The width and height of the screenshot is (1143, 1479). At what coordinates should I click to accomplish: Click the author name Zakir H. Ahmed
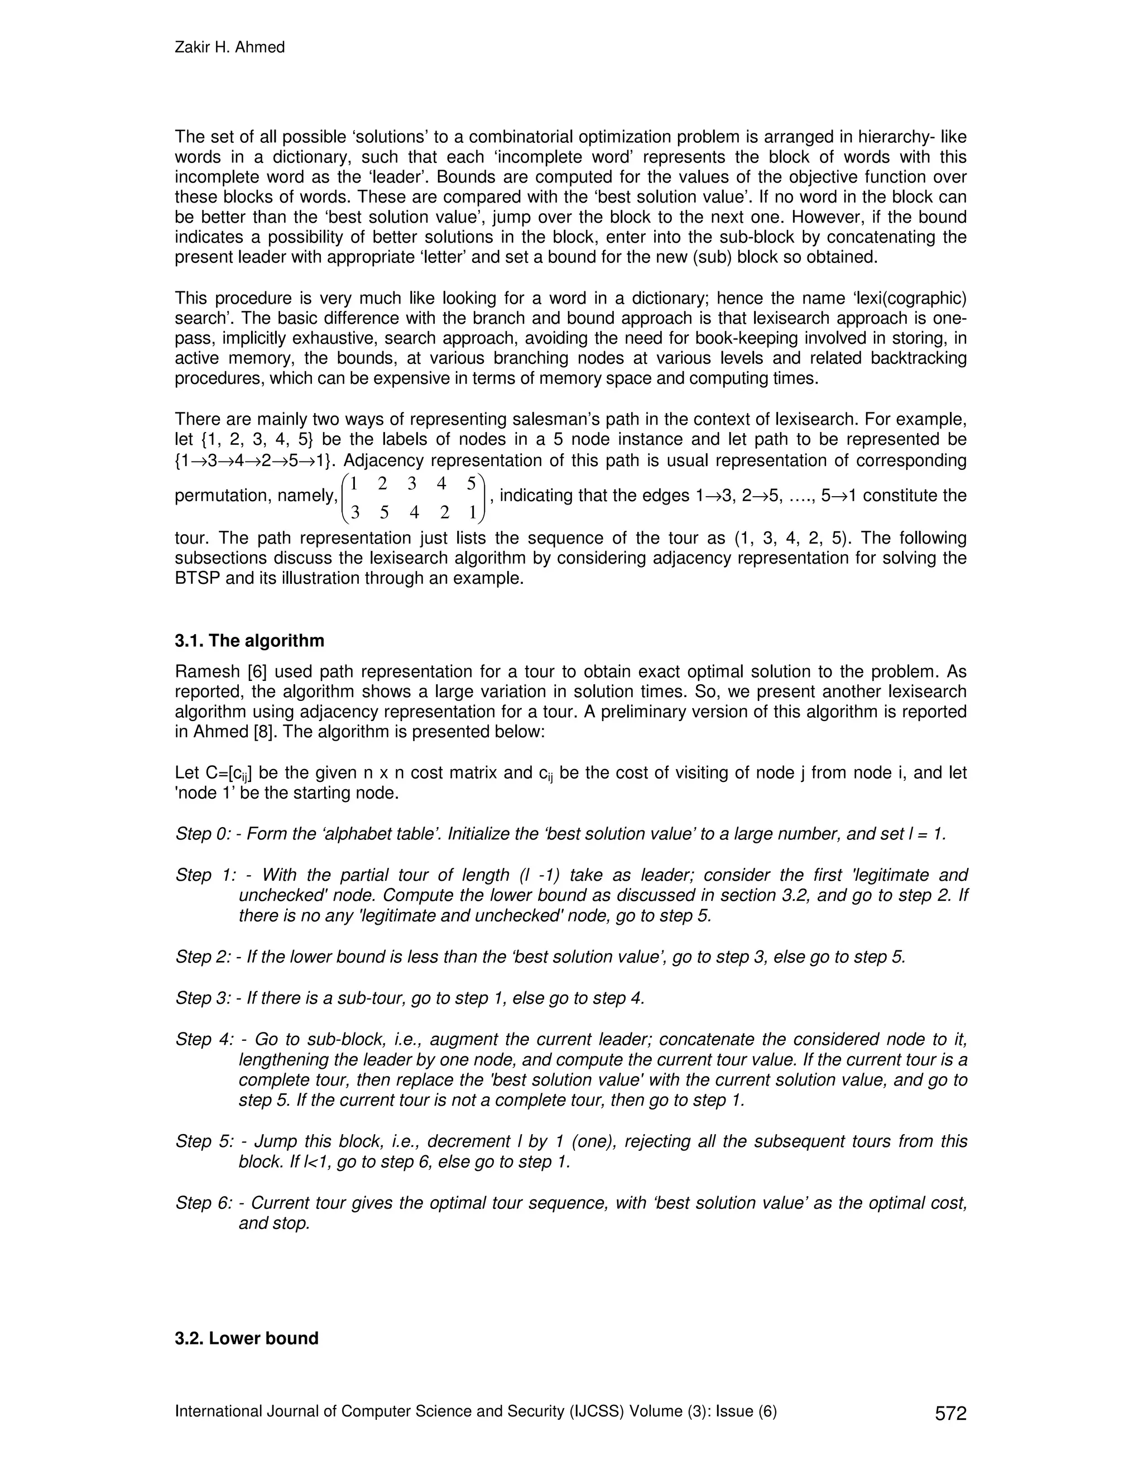(229, 47)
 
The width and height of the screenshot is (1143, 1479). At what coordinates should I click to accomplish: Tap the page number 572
(950, 1413)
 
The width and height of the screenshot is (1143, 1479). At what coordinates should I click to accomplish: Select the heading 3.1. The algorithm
(249, 641)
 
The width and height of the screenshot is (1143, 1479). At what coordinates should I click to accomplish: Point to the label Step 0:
(203, 834)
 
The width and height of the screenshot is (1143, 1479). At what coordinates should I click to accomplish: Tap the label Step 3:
(203, 998)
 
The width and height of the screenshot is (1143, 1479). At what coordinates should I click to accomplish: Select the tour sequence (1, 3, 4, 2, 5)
(791, 539)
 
